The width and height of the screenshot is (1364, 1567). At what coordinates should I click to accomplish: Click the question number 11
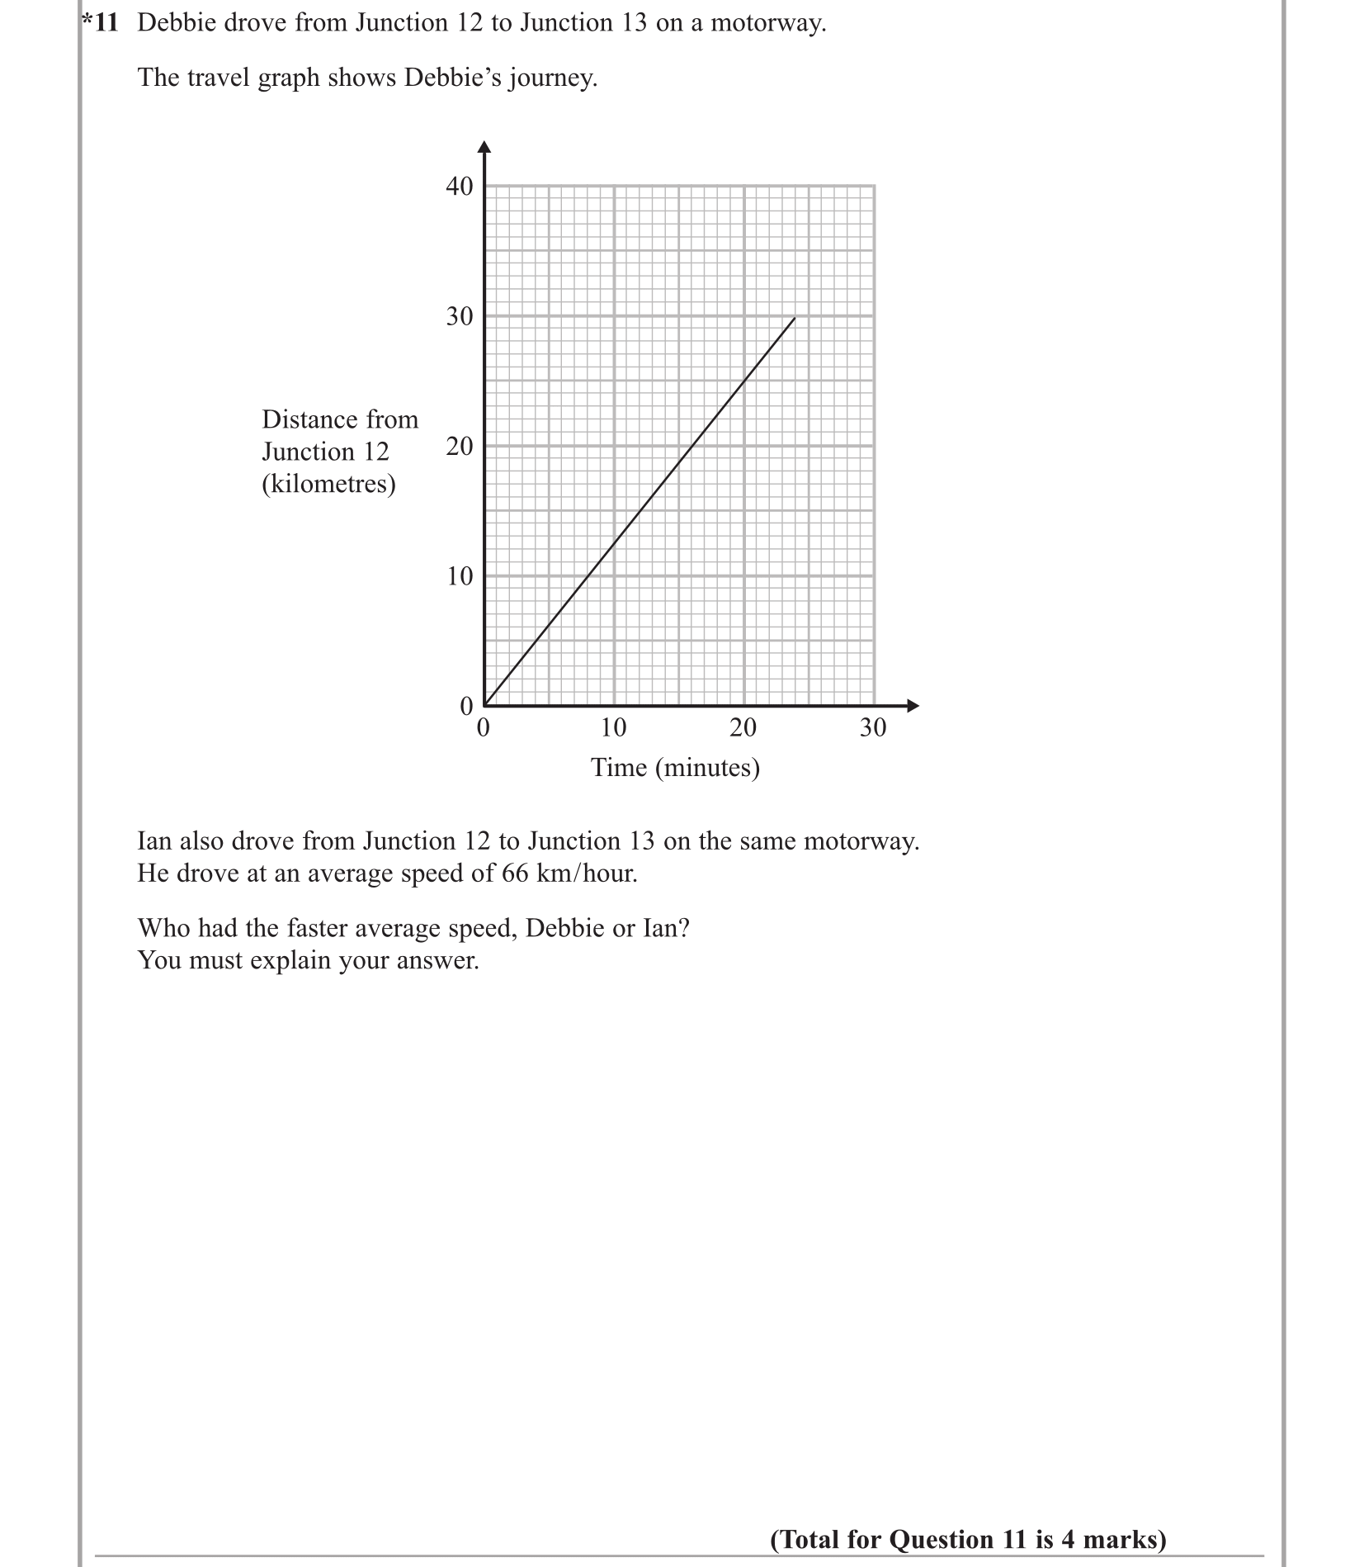105,23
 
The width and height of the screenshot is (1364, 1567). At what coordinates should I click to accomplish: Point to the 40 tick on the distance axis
460,187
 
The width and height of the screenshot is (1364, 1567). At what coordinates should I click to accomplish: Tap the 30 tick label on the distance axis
460,316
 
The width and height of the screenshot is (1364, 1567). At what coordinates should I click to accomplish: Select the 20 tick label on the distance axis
460,447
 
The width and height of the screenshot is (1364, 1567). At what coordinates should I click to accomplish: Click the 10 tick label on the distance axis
460,576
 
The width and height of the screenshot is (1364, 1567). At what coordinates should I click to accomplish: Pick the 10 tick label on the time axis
613,727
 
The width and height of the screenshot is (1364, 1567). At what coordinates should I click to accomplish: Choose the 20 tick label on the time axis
743,727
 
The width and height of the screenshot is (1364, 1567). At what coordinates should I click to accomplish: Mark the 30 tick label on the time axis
873,727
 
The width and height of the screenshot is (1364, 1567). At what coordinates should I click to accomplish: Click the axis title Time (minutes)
675,768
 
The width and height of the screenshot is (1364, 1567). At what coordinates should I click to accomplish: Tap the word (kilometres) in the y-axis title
328,484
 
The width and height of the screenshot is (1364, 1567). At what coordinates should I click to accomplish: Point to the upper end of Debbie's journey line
795,318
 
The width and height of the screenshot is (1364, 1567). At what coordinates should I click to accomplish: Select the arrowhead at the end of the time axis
913,706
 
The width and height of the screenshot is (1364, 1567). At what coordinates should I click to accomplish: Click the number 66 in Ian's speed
515,873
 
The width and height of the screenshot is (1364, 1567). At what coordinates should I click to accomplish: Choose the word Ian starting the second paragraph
155,841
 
